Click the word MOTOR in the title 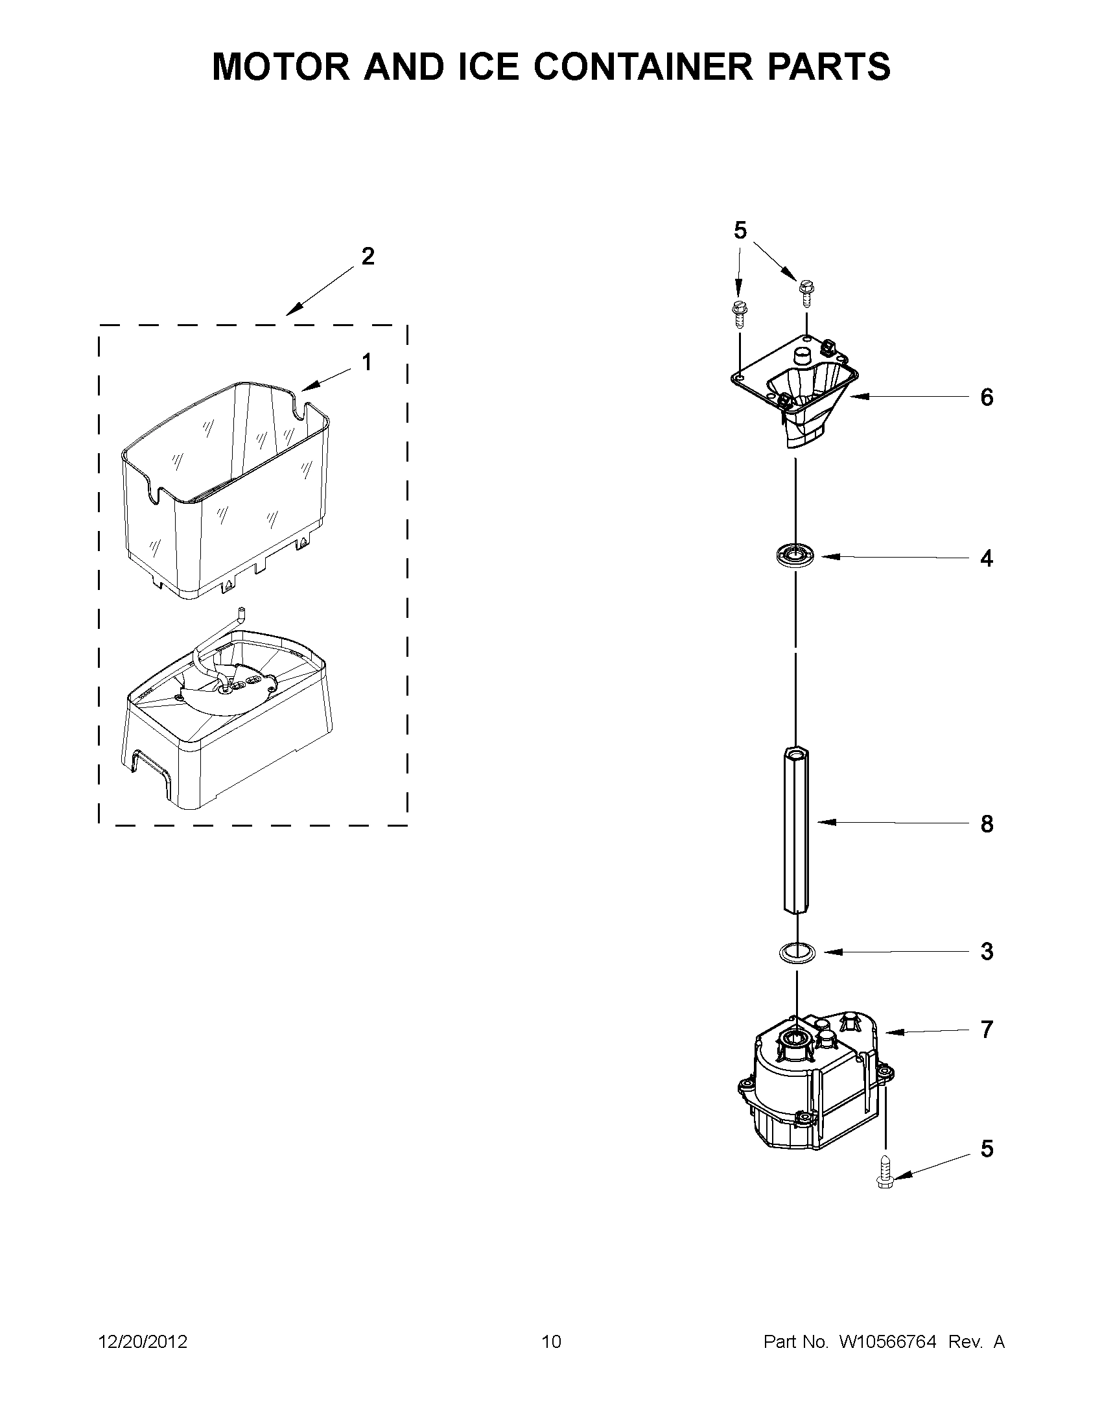(281, 67)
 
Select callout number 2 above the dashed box (368, 257)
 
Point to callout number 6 (987, 397)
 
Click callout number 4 (987, 559)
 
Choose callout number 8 (987, 824)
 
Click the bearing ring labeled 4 (795, 557)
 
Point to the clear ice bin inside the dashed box (226, 487)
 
